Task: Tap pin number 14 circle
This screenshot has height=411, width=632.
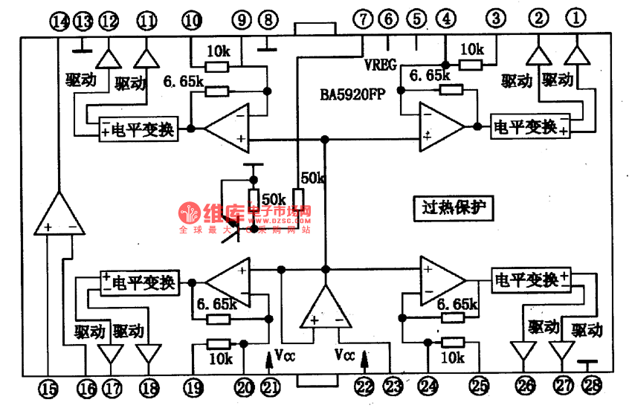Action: [x=59, y=22]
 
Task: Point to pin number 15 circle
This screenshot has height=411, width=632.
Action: [x=48, y=387]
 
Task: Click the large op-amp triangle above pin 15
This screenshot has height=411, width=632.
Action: [x=57, y=216]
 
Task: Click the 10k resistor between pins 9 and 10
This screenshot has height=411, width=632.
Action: [x=216, y=67]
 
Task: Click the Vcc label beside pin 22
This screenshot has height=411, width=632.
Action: [x=346, y=355]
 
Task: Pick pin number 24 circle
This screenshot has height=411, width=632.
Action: [x=428, y=386]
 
